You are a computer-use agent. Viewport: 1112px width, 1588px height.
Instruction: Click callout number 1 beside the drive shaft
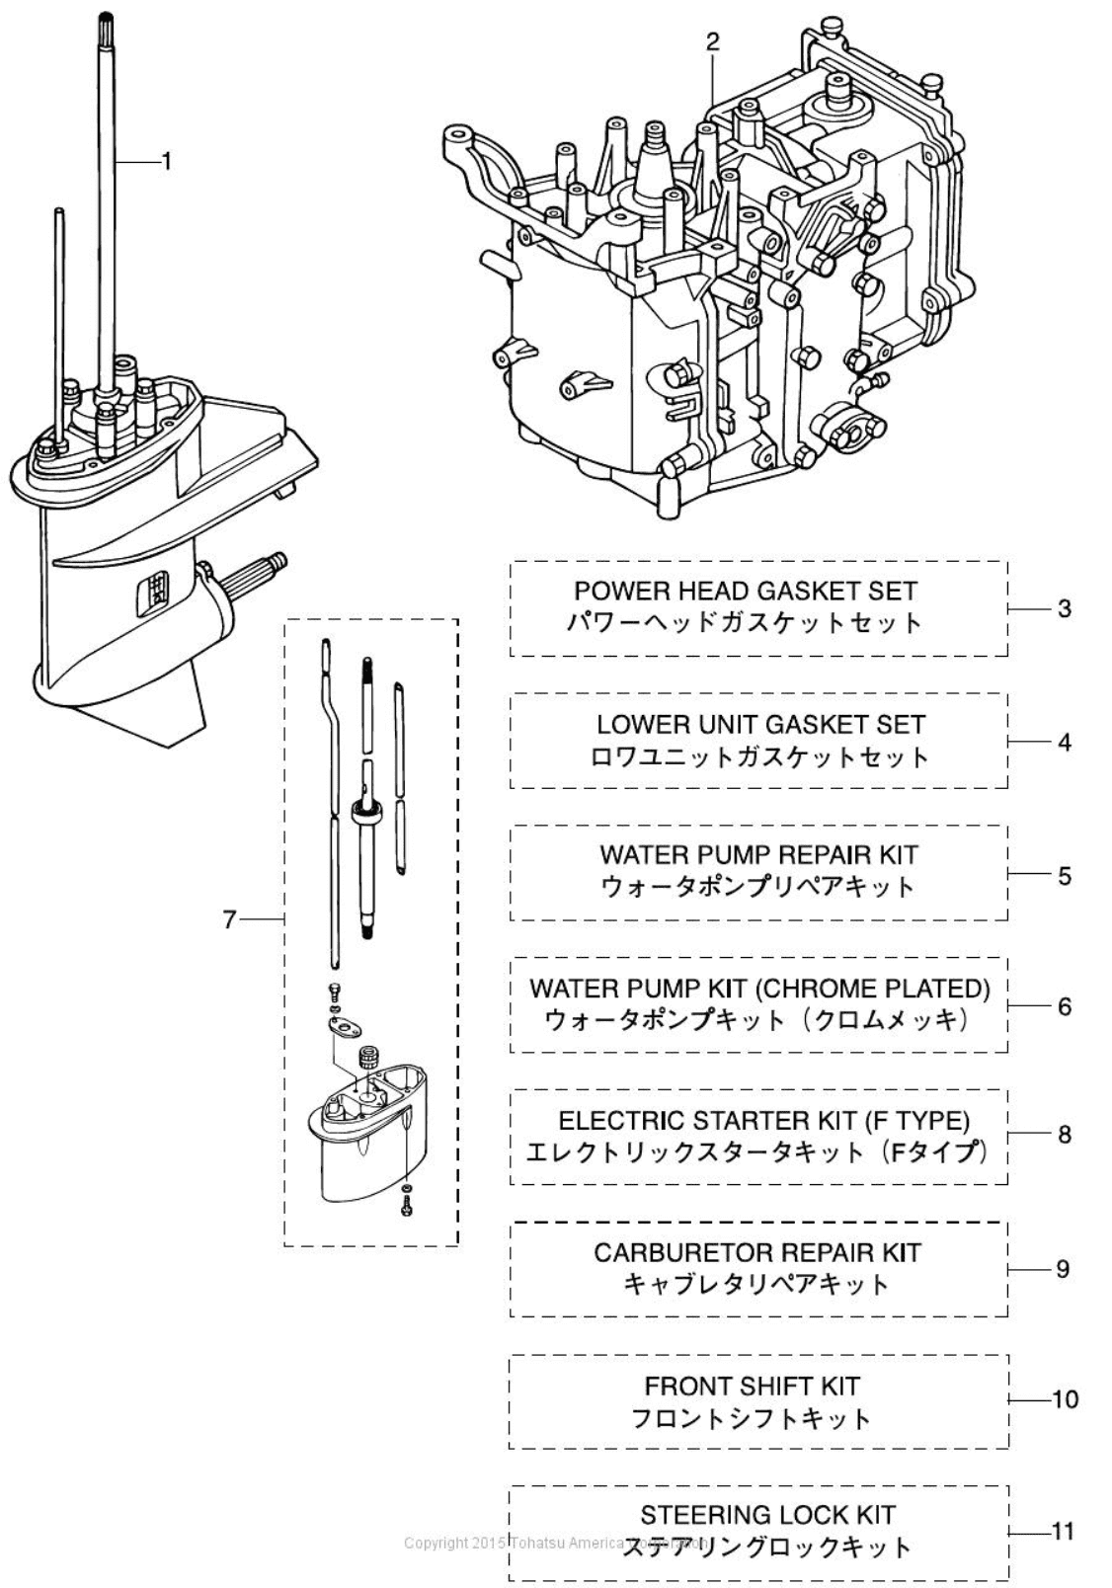pos(166,160)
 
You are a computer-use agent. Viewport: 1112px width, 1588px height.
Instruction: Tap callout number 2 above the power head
pos(713,42)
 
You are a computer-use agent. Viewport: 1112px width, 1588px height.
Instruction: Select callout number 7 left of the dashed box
pos(229,919)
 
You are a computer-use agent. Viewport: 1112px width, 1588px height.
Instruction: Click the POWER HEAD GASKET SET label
pos(746,591)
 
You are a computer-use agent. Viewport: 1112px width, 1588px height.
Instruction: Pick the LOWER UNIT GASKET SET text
pos(760,724)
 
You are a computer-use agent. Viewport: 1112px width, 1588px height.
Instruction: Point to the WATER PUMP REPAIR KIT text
pos(758,854)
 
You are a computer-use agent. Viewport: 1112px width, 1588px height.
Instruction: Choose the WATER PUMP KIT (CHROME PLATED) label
pos(758,988)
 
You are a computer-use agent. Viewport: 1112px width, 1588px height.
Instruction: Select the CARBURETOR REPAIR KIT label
pos(756,1252)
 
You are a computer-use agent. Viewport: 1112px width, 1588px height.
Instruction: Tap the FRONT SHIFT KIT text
pos(752,1386)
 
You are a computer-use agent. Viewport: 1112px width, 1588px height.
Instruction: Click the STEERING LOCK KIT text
pos(767,1515)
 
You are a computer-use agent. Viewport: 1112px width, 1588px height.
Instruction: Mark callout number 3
pos(1064,608)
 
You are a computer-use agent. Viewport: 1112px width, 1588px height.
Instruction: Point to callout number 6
pos(1064,1006)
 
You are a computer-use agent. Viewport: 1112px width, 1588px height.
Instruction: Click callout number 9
pos(1063,1268)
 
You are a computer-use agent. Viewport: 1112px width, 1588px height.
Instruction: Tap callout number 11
pos(1063,1532)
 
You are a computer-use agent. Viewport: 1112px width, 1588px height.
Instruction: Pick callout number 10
pos(1065,1399)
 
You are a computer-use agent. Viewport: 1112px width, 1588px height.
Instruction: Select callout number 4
pos(1064,742)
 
